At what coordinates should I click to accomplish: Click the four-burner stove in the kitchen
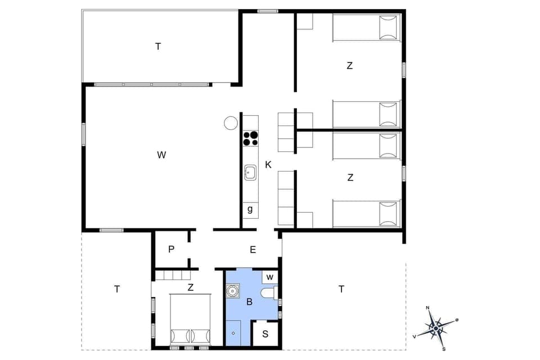coord(250,138)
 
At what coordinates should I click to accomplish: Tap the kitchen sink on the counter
coord(250,172)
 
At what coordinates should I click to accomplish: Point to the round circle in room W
coord(231,123)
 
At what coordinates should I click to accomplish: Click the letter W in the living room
coord(161,155)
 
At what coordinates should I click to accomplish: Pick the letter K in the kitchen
coord(268,165)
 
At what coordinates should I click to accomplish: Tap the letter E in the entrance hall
coord(253,250)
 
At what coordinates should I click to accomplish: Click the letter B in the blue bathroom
coord(249,303)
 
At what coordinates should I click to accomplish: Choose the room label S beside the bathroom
coord(265,334)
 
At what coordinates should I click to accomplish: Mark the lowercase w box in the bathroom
coord(270,277)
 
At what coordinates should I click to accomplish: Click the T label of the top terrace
coord(158,47)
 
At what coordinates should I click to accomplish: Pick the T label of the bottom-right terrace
coord(341,289)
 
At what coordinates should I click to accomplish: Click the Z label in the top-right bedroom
coord(349,66)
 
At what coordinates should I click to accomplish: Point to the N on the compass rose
coord(428,308)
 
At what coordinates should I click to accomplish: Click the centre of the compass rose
coord(436,327)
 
